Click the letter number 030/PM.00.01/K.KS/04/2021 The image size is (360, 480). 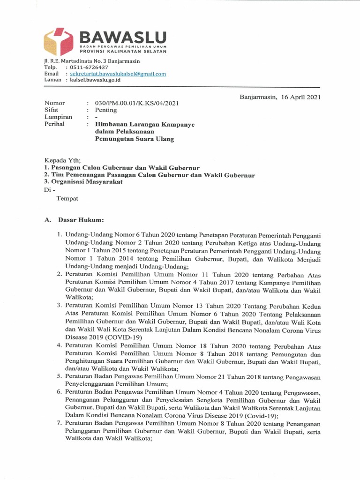point(136,103)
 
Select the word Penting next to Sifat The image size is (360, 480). point(106,110)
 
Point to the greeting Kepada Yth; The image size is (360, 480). point(62,160)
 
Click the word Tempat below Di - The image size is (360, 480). point(67,198)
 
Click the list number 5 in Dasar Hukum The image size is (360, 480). point(60,376)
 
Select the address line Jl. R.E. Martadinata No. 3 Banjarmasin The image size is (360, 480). point(90,60)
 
